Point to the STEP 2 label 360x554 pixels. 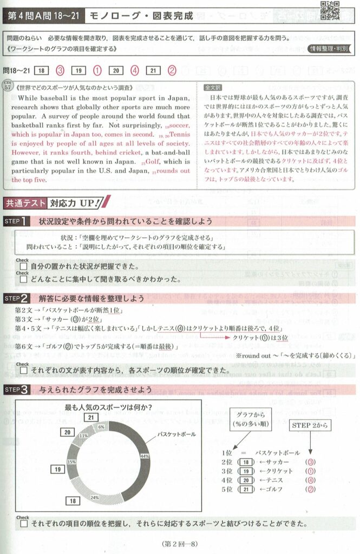click(19, 298)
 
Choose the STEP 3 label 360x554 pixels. click(19, 388)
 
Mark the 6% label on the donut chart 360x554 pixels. click(101, 427)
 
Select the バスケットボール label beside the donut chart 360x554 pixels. click(176, 434)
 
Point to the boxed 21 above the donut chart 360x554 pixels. click(91, 417)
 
